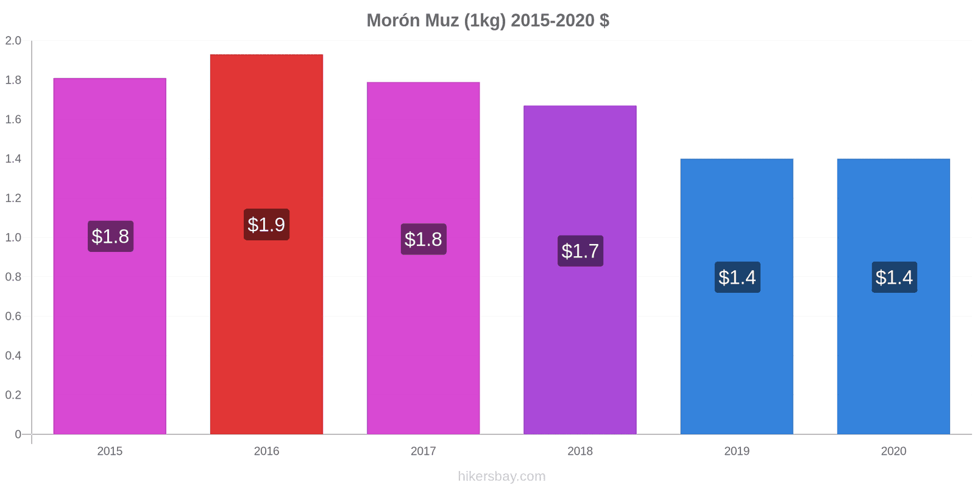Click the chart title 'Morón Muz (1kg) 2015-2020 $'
pos(487,20)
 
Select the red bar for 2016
pos(266,244)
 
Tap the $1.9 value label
pos(266,224)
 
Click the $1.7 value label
pos(580,251)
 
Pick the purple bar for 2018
pos(580,270)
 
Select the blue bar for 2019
pos(737,296)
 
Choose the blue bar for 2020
pos(893,296)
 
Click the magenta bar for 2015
pos(110,256)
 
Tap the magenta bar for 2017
pos(423,258)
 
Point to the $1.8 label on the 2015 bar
pos(110,236)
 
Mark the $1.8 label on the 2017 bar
pos(424,239)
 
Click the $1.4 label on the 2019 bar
pos(737,277)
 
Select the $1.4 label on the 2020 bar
pos(894,277)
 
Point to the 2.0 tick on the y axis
pos(13,40)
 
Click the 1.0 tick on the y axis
pos(13,237)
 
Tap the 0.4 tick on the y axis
pos(13,356)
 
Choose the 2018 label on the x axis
pos(580,451)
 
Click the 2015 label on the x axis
pos(110,451)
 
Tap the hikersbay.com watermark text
pos(502,476)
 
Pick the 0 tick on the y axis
pos(18,434)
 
